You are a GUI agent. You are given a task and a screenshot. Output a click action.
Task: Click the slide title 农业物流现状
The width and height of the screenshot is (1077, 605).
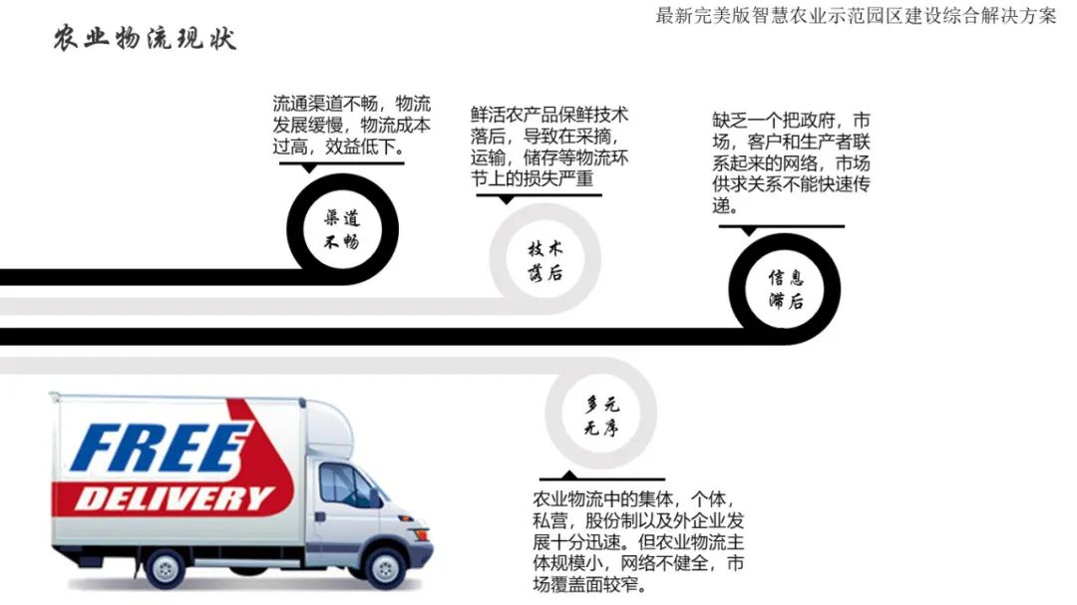point(145,38)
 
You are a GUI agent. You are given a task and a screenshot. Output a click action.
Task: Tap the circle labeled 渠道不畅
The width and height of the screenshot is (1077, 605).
point(342,229)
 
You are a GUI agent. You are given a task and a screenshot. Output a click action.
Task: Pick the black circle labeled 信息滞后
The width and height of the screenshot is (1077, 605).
point(785,289)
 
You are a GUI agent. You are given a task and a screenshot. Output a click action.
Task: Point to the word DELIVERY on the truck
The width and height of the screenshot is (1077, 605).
point(175,496)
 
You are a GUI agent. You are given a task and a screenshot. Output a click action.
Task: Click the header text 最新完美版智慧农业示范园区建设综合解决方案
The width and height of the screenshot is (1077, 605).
point(856,17)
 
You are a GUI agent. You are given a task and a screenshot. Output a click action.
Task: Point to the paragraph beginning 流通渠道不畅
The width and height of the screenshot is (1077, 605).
point(352,126)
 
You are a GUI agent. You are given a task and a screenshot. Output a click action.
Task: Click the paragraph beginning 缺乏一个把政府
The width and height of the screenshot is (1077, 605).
point(791,162)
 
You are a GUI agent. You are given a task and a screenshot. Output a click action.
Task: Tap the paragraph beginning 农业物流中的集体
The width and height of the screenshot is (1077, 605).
point(638,541)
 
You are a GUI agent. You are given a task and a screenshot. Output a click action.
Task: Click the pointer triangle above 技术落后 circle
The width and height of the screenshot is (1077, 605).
point(506,199)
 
